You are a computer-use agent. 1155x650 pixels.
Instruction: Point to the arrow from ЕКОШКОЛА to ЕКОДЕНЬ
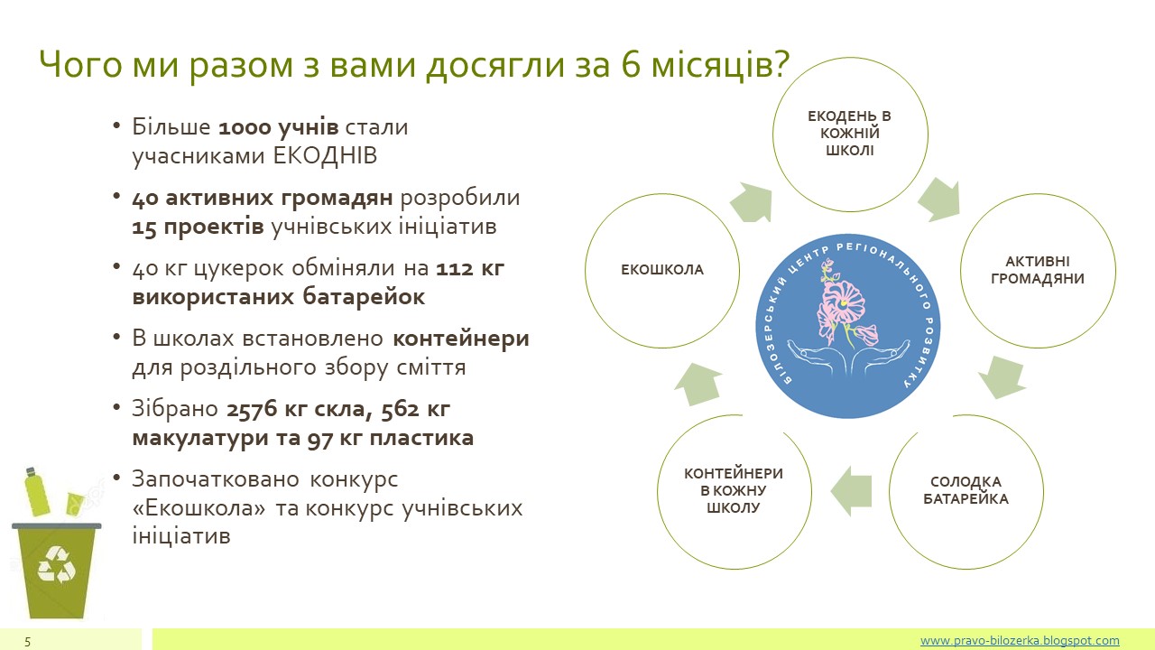pyautogui.click(x=752, y=202)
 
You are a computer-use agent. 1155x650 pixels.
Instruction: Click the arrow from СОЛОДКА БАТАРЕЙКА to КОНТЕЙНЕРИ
pyautogui.click(x=851, y=491)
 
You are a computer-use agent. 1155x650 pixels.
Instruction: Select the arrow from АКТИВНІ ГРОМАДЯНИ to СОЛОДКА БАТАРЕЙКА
pyautogui.click(x=1001, y=376)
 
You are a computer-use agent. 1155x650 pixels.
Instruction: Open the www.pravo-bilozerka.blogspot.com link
pyautogui.click(x=1020, y=640)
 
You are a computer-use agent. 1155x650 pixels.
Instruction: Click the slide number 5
pyautogui.click(x=27, y=642)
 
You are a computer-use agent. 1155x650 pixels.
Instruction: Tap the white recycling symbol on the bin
pyautogui.click(x=57, y=565)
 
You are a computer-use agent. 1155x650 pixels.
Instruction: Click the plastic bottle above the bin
pyautogui.click(x=37, y=492)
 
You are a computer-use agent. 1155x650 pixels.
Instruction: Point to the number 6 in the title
pyautogui.click(x=631, y=65)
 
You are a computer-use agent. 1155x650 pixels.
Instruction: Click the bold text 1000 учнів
pyautogui.click(x=279, y=127)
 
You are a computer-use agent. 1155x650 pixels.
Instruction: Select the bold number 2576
pyautogui.click(x=252, y=410)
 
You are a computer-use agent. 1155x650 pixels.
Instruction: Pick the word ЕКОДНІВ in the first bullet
pyautogui.click(x=325, y=155)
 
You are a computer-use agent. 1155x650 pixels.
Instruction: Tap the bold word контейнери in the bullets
pyautogui.click(x=461, y=339)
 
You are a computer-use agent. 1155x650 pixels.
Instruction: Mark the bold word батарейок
pyautogui.click(x=364, y=297)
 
